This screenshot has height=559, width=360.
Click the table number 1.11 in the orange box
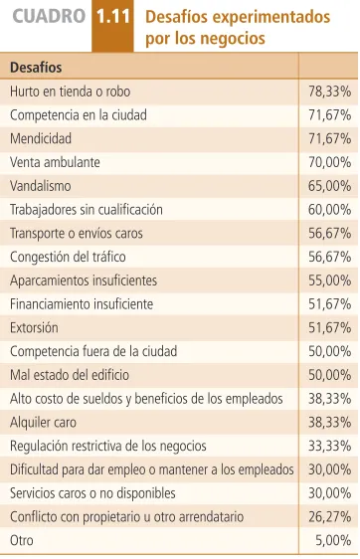pyautogui.click(x=113, y=17)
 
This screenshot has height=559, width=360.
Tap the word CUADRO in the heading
pyautogui.click(x=49, y=16)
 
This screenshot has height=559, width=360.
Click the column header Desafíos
pyautogui.click(x=36, y=68)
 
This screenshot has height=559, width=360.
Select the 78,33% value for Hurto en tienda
pyautogui.click(x=330, y=92)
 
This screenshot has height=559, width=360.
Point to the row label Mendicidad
pyautogui.click(x=41, y=138)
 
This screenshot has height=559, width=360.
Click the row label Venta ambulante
pyautogui.click(x=55, y=162)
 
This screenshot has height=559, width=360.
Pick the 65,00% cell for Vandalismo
pyautogui.click(x=330, y=186)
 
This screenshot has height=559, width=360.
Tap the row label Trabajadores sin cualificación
pyautogui.click(x=87, y=210)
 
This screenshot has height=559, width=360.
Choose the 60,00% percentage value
pyautogui.click(x=330, y=210)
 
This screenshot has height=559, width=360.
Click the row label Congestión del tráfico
pyautogui.click(x=68, y=257)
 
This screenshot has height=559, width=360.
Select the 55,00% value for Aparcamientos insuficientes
pyautogui.click(x=330, y=280)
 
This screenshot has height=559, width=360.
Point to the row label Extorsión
pyautogui.click(x=34, y=327)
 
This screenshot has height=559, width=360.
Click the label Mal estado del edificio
pyautogui.click(x=70, y=375)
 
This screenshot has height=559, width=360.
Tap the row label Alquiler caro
pyautogui.click(x=43, y=423)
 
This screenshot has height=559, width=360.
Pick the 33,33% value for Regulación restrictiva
pyautogui.click(x=330, y=446)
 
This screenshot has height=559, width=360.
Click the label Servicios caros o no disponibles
pyautogui.click(x=92, y=493)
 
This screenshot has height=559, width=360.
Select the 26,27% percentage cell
pyautogui.click(x=330, y=517)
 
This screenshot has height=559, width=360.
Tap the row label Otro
pyautogui.click(x=22, y=540)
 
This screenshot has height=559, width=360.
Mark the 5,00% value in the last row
pyautogui.click(x=333, y=541)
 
